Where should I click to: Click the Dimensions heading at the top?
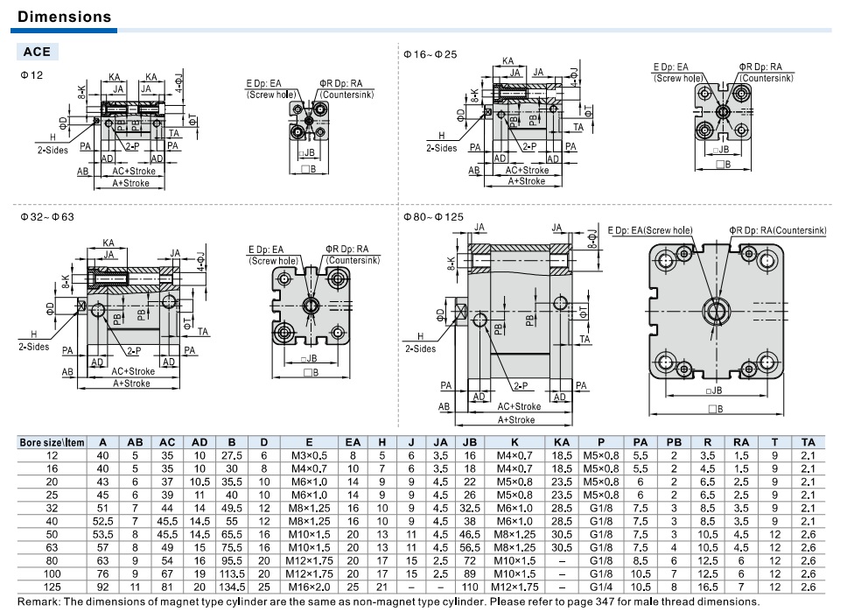pyautogui.click(x=64, y=17)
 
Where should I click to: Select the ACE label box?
pyautogui.click(x=37, y=52)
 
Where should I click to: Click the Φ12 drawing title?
pyautogui.click(x=31, y=75)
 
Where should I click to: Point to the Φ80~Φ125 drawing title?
pyautogui.click(x=433, y=217)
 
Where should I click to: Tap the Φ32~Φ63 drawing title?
pyautogui.click(x=47, y=217)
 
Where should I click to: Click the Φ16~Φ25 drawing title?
pyautogui.click(x=430, y=54)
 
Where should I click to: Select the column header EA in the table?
pyautogui.click(x=353, y=442)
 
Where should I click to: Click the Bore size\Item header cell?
pyautogui.click(x=52, y=442)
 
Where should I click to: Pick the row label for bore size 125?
pyautogui.click(x=52, y=587)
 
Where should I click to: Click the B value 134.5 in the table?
pyautogui.click(x=232, y=587)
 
